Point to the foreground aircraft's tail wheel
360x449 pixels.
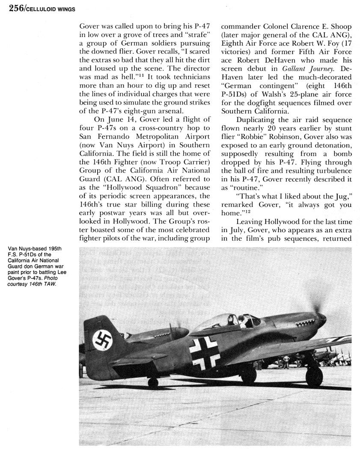(x=153, y=383)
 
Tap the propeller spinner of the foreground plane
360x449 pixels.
(x=322, y=319)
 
